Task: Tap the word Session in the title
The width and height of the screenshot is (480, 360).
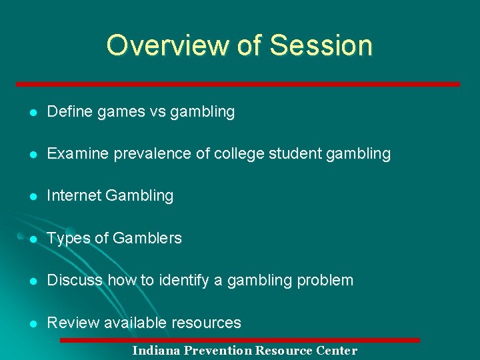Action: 321,45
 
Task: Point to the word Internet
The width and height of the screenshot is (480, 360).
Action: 74,196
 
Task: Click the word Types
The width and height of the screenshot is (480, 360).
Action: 66,239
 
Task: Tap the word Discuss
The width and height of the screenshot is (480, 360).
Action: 75,280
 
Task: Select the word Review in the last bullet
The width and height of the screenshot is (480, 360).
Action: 70,323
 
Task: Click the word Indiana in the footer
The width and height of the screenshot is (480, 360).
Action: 157,351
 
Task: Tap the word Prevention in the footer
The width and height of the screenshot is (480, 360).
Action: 219,351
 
